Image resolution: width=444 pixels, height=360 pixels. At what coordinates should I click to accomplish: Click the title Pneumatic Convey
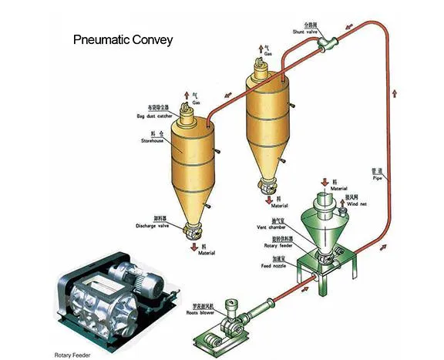[x=123, y=39]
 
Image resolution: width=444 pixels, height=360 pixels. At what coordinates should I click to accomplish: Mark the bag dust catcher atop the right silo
[x=259, y=71]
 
